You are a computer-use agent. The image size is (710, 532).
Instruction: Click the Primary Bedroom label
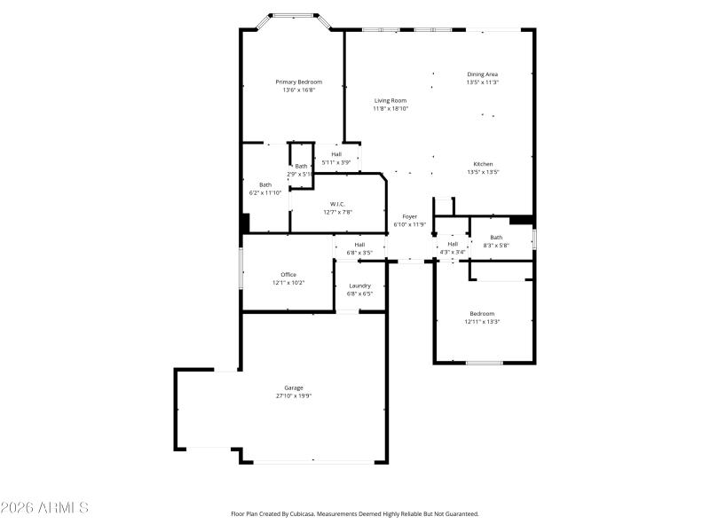coord(298,82)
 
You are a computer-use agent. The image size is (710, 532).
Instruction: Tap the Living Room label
coord(390,100)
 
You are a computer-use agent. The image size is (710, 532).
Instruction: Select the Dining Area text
coord(482,74)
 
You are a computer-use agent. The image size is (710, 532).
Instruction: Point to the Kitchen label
coord(483,164)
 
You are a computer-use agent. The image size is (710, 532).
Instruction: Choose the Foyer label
coord(410,216)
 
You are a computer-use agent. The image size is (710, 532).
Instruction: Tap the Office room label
coord(288,275)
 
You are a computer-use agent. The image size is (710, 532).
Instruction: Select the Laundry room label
coord(359,286)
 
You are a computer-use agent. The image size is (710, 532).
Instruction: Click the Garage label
coord(294,387)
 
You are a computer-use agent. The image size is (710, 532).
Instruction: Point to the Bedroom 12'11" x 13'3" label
coord(482,313)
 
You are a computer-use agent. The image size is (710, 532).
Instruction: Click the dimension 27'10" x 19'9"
coord(294,396)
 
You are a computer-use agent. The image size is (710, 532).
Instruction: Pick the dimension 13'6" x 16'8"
coord(298,90)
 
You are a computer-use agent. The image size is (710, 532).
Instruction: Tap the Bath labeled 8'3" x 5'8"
coord(496,237)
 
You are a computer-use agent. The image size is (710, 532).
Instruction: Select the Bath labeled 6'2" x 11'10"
coord(265,184)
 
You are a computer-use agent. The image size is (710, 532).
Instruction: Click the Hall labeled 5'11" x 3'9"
coord(336,154)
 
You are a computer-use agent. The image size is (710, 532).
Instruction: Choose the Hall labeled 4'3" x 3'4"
coord(453,244)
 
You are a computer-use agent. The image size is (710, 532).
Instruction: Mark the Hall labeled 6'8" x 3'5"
coord(359,245)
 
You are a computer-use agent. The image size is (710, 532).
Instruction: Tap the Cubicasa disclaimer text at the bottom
coord(355,513)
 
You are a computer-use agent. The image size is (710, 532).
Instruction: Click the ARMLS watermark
coord(44,508)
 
